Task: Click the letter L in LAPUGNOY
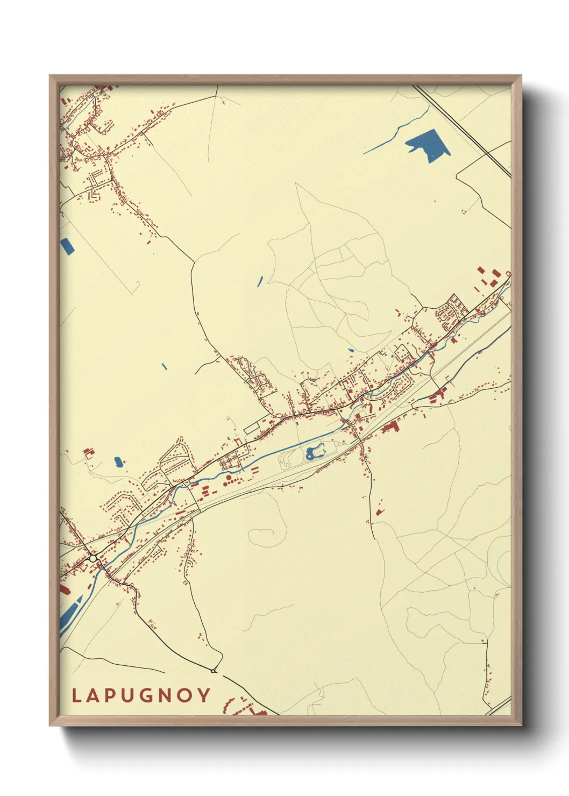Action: click(x=76, y=696)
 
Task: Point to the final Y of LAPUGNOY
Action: click(x=204, y=696)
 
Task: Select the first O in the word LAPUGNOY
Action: click(x=185, y=696)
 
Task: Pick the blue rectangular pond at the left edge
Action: click(x=67, y=246)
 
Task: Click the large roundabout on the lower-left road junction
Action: click(x=93, y=559)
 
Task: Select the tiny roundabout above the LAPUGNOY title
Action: click(x=214, y=671)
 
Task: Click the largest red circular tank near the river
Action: click(x=228, y=477)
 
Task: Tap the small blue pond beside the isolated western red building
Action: click(x=118, y=461)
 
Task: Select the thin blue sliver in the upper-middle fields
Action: click(x=260, y=280)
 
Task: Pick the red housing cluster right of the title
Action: click(x=245, y=708)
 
